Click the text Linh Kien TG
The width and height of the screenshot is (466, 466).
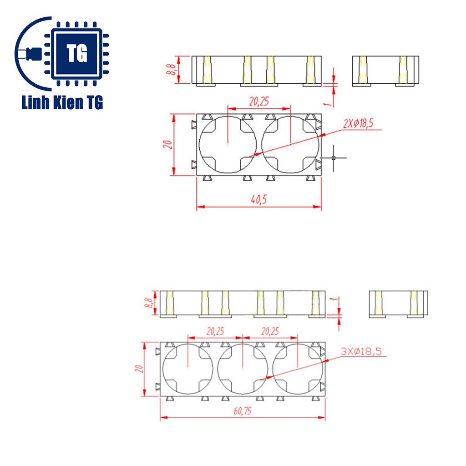pos(62,103)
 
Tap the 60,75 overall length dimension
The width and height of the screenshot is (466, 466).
pos(242,411)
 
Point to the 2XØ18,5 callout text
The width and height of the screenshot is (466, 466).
pos(362,123)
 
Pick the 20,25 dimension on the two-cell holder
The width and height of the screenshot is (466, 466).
pos(258,102)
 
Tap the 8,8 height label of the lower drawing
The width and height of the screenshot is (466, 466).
pos(148,304)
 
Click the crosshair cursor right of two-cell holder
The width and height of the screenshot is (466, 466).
pos(334,158)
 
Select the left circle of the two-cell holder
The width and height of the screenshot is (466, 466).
pos(228,144)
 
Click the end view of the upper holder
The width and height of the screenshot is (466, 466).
pos(385,71)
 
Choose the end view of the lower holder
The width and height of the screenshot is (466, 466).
pos(398,304)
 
